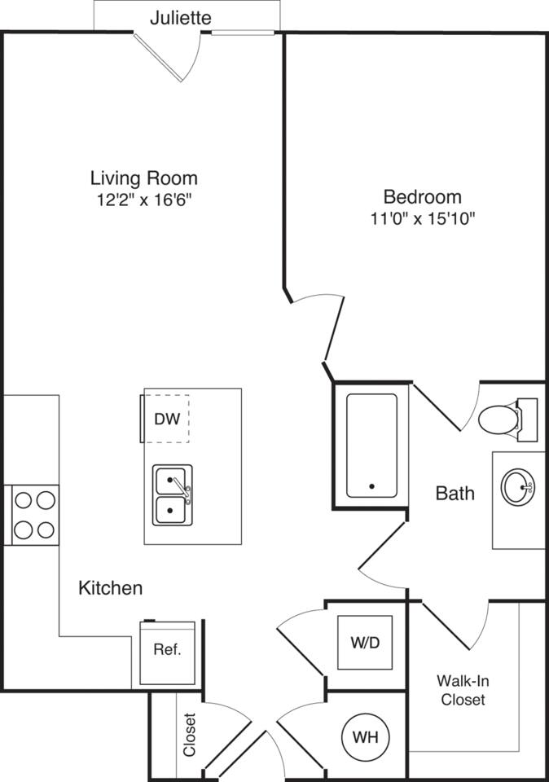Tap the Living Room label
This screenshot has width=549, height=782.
(143, 178)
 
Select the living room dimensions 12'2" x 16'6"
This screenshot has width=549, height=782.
(143, 200)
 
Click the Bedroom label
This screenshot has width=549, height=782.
(422, 196)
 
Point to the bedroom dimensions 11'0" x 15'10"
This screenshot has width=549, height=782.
(422, 218)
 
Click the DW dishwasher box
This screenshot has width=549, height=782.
(166, 419)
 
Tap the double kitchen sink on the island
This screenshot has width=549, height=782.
(173, 496)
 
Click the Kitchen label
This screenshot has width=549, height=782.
(110, 587)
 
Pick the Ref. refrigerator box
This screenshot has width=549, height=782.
(167, 651)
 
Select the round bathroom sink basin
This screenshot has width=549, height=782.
(517, 487)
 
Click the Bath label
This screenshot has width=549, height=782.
(455, 493)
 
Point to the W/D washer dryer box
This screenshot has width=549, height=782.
(365, 643)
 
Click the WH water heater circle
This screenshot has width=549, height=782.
(365, 737)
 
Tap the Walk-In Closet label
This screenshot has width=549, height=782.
(463, 690)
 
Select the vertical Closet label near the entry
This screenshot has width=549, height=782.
(189, 735)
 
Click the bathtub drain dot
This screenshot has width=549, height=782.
(371, 486)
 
